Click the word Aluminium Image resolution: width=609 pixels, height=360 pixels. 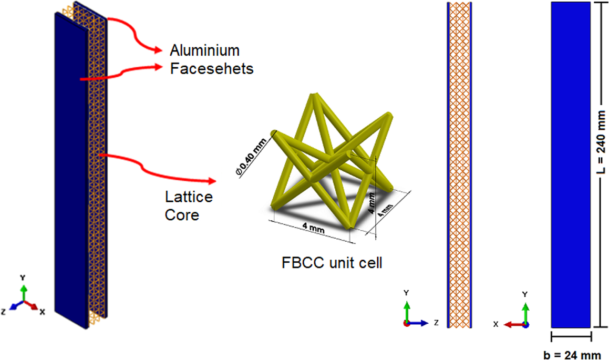click(x=204, y=50)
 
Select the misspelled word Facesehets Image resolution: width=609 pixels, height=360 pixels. click(x=212, y=68)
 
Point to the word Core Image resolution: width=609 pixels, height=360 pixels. click(x=182, y=214)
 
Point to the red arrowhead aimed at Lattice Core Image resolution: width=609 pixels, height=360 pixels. click(x=211, y=182)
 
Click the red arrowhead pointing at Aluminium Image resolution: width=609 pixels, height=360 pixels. click(x=158, y=50)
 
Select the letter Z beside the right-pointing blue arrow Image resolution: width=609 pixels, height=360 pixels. click(x=436, y=323)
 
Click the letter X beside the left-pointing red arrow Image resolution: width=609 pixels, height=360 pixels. click(x=495, y=325)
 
